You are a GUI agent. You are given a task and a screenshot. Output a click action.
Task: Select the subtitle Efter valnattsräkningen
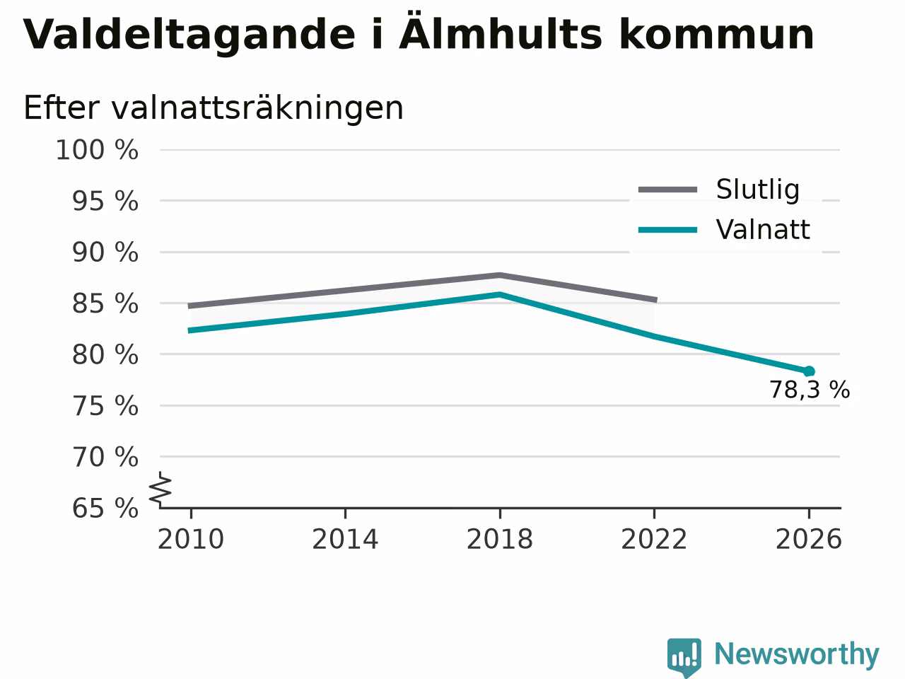click(213, 108)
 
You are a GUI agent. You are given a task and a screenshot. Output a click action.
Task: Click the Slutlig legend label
click(758, 190)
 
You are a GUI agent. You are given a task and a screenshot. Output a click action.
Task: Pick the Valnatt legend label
click(763, 230)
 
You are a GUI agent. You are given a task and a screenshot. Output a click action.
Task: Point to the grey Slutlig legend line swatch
click(667, 190)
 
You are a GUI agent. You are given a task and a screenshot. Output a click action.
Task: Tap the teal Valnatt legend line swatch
click(667, 230)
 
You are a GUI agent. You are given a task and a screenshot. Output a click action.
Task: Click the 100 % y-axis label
click(97, 150)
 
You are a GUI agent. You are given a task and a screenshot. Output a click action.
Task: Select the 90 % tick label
click(105, 253)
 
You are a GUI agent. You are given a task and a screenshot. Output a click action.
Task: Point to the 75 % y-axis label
click(105, 406)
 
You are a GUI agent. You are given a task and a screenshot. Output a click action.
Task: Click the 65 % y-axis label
click(105, 508)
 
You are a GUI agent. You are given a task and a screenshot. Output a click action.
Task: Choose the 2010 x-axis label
click(190, 539)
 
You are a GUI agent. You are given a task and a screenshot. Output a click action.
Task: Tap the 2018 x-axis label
click(500, 539)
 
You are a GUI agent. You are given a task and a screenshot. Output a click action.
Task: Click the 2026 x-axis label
click(809, 539)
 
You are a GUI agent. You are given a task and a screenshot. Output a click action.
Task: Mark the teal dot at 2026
click(809, 371)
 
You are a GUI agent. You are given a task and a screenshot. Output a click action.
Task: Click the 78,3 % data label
click(810, 390)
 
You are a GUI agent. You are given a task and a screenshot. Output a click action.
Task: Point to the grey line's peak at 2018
click(500, 275)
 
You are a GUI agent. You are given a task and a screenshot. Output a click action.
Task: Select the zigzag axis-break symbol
click(160, 489)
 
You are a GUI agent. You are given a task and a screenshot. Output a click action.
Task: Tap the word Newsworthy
click(797, 654)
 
